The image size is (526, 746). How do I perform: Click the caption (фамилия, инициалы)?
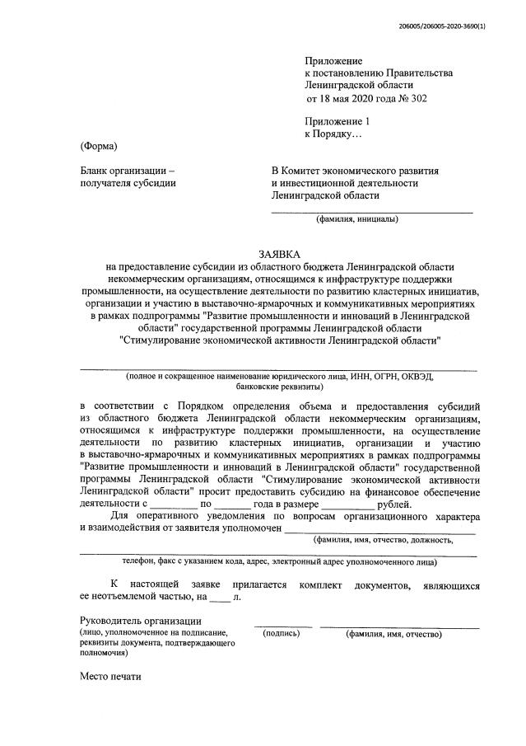[357, 219]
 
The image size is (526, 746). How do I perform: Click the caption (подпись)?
[281, 634]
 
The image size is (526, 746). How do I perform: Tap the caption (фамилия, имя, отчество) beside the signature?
[394, 634]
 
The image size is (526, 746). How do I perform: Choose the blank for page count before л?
[221, 596]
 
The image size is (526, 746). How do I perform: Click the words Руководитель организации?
[141, 620]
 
